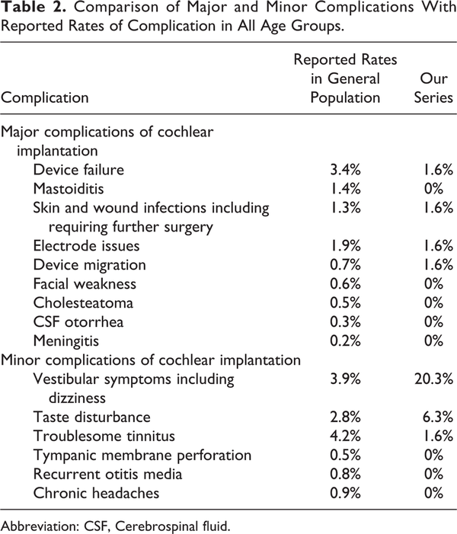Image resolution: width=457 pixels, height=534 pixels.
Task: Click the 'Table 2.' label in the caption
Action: (x=34, y=7)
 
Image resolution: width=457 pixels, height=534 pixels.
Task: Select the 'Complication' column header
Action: (x=45, y=98)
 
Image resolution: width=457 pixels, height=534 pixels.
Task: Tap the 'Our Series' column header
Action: (x=433, y=88)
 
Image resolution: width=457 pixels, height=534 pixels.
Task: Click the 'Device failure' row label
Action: (x=78, y=170)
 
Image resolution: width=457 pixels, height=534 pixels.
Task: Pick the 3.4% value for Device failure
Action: (x=345, y=170)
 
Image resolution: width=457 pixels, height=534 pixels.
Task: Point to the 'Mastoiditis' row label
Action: (x=69, y=189)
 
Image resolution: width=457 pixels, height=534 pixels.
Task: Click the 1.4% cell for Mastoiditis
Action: (x=345, y=189)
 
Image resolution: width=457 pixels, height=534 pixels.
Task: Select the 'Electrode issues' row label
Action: (x=87, y=246)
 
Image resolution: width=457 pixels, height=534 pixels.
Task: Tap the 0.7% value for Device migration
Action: (x=345, y=265)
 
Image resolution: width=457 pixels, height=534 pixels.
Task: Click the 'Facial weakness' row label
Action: (x=85, y=284)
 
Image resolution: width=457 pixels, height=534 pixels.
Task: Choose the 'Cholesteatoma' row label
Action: (x=83, y=303)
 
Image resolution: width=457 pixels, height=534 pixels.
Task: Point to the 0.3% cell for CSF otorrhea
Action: (x=345, y=322)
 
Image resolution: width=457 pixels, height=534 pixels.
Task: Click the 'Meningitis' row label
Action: (x=66, y=341)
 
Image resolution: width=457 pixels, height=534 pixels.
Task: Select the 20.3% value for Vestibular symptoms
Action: (x=434, y=379)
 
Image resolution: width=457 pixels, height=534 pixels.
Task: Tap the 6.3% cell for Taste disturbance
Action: (x=438, y=417)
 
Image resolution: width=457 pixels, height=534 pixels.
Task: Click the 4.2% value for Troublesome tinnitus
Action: (x=345, y=436)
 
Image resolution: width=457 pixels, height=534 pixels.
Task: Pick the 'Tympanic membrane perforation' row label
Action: (x=142, y=456)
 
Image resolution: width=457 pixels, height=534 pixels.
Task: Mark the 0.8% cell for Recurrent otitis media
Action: (x=345, y=475)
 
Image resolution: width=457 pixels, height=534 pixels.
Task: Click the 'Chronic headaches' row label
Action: (x=97, y=494)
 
